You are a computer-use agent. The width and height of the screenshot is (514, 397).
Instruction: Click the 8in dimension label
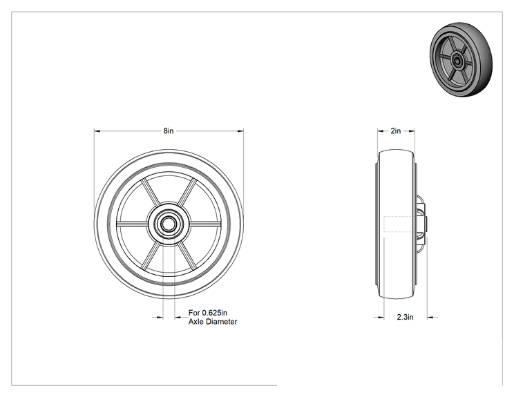tap(169, 131)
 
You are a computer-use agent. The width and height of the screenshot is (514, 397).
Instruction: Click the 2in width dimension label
tap(396, 131)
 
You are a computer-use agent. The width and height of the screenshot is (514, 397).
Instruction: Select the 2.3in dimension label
tap(405, 317)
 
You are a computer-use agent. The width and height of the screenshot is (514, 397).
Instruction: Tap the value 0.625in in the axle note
tap(214, 313)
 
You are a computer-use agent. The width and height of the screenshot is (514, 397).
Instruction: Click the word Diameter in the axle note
tap(222, 322)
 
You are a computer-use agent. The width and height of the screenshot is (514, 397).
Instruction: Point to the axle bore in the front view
tap(169, 224)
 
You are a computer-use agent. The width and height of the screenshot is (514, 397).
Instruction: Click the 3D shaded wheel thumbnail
tap(461, 59)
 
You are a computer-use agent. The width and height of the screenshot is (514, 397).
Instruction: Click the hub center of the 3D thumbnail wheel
tap(456, 59)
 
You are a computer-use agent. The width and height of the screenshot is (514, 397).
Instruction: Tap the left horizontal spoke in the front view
tap(132, 224)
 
